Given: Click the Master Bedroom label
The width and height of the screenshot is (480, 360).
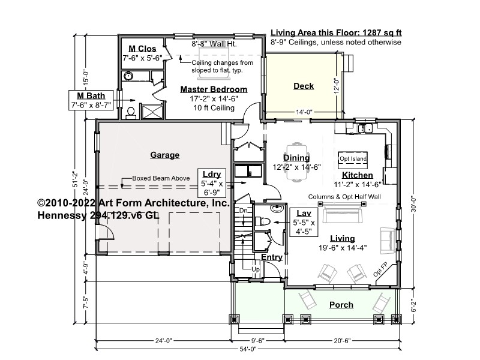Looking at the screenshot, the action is (x=214, y=89).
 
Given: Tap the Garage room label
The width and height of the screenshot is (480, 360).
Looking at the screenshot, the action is (x=164, y=155).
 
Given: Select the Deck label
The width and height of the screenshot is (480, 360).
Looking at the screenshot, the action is (x=304, y=86).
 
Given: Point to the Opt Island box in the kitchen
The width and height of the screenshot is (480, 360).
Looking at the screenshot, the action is (x=353, y=160).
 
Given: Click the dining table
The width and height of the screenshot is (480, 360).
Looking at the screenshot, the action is (x=297, y=162).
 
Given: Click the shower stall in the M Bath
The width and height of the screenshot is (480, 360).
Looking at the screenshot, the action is (x=152, y=112).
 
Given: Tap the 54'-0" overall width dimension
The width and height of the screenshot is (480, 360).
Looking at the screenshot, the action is (x=248, y=349).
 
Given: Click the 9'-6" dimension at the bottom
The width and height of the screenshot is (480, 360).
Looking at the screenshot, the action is (x=258, y=341).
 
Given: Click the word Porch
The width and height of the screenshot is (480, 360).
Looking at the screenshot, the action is (x=341, y=305).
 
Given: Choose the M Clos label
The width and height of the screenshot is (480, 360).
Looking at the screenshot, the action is (x=142, y=49).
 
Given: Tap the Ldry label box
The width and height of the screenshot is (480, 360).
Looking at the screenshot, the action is (x=212, y=183).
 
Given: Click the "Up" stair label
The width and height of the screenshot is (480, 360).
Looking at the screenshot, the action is (x=256, y=269).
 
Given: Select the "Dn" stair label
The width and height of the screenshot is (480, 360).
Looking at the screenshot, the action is (x=244, y=211).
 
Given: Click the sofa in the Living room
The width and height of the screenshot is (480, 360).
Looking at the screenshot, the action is (x=343, y=215).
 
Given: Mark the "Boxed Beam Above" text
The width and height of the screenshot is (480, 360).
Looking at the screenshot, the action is (x=161, y=178).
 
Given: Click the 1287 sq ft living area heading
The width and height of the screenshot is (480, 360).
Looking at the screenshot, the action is (x=336, y=33).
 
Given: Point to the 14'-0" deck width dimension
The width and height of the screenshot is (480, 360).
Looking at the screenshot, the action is (x=304, y=112).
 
